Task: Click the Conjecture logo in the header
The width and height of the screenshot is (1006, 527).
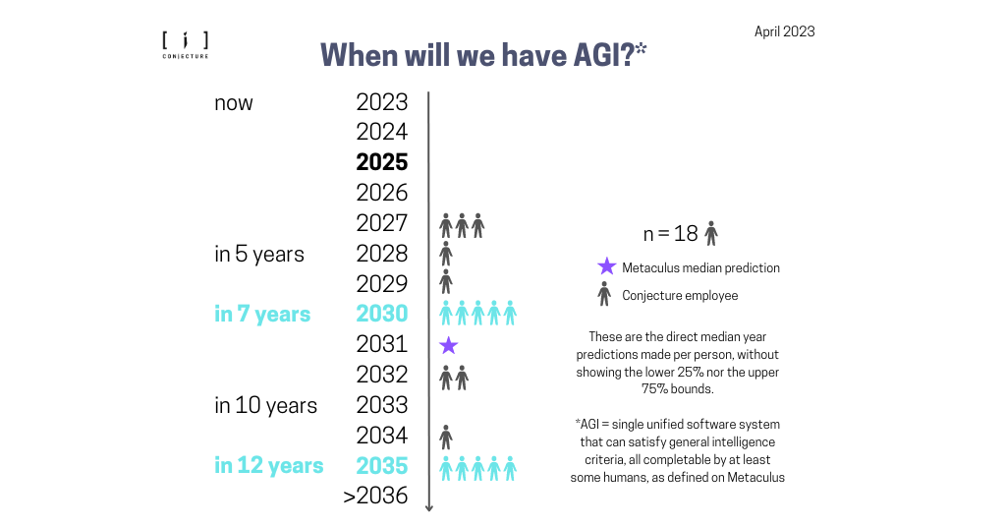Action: [x=185, y=45]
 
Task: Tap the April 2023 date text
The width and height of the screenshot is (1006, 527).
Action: [x=784, y=31]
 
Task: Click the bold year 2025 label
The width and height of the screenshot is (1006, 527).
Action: [x=381, y=162]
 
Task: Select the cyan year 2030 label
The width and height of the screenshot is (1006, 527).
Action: [x=381, y=314]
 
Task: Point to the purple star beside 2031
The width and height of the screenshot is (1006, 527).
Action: [x=448, y=345]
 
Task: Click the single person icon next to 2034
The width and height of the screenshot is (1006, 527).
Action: [x=446, y=436]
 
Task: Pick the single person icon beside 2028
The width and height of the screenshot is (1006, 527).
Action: [x=446, y=254]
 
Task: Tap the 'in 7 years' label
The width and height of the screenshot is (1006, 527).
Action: [x=262, y=315]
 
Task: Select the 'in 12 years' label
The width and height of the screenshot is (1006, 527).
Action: [x=268, y=466]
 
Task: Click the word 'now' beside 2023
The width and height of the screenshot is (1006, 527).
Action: [x=234, y=102]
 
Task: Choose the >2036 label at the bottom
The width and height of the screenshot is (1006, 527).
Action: [x=375, y=497]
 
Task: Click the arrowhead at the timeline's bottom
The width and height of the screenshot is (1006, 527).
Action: [x=429, y=506]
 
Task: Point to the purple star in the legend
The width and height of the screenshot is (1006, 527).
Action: [x=606, y=266]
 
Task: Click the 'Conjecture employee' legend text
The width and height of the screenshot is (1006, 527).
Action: [x=680, y=295]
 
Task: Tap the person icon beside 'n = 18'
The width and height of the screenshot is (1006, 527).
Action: [x=711, y=233]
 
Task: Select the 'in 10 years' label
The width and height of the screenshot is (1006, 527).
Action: [x=265, y=405]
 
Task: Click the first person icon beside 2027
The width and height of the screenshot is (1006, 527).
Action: [x=446, y=225]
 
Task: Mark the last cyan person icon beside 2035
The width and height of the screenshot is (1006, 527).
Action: [x=510, y=468]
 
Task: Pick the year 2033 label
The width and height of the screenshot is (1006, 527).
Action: [x=381, y=405]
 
